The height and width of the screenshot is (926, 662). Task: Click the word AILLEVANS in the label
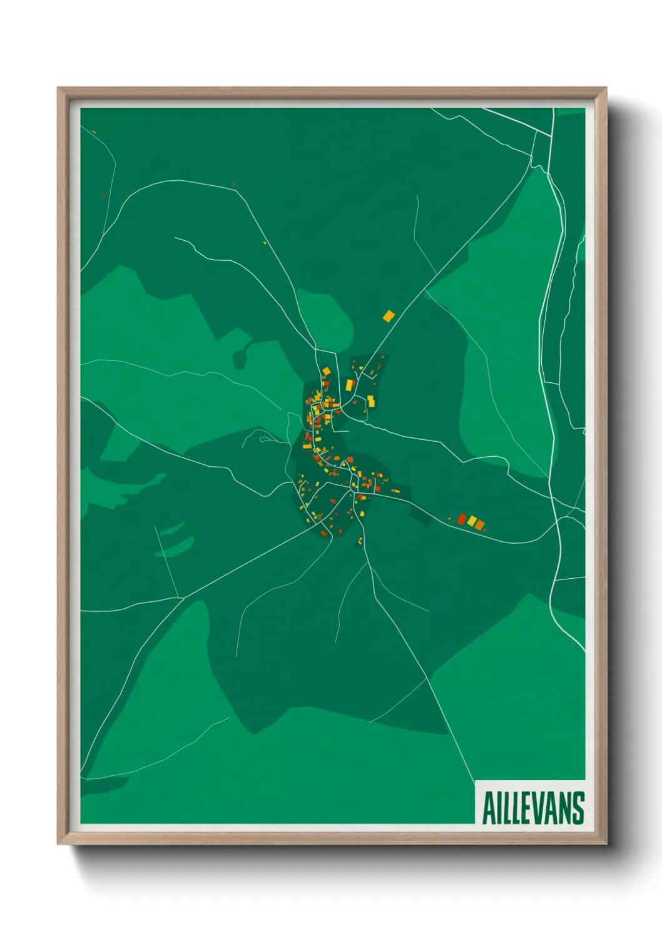[533, 808]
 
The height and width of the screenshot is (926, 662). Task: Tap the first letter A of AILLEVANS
[489, 808]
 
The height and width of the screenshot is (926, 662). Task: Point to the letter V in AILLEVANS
[543, 808]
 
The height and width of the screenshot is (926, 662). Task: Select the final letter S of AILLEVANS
[578, 808]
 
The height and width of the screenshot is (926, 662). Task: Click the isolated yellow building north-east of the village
[389, 316]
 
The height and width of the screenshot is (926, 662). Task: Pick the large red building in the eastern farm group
[462, 519]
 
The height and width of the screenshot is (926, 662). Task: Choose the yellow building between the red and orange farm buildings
[472, 521]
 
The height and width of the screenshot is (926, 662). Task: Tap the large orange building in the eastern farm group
[479, 525]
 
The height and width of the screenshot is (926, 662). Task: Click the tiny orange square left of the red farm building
[449, 517]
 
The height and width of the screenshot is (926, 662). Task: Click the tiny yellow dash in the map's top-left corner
[93, 131]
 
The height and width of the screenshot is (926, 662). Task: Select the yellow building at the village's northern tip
[326, 371]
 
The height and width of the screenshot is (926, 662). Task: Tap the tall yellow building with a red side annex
[350, 385]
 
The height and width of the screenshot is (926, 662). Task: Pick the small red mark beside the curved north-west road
[234, 184]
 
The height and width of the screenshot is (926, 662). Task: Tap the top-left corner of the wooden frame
[58, 88]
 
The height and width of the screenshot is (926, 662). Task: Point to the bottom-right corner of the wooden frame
[606, 843]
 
